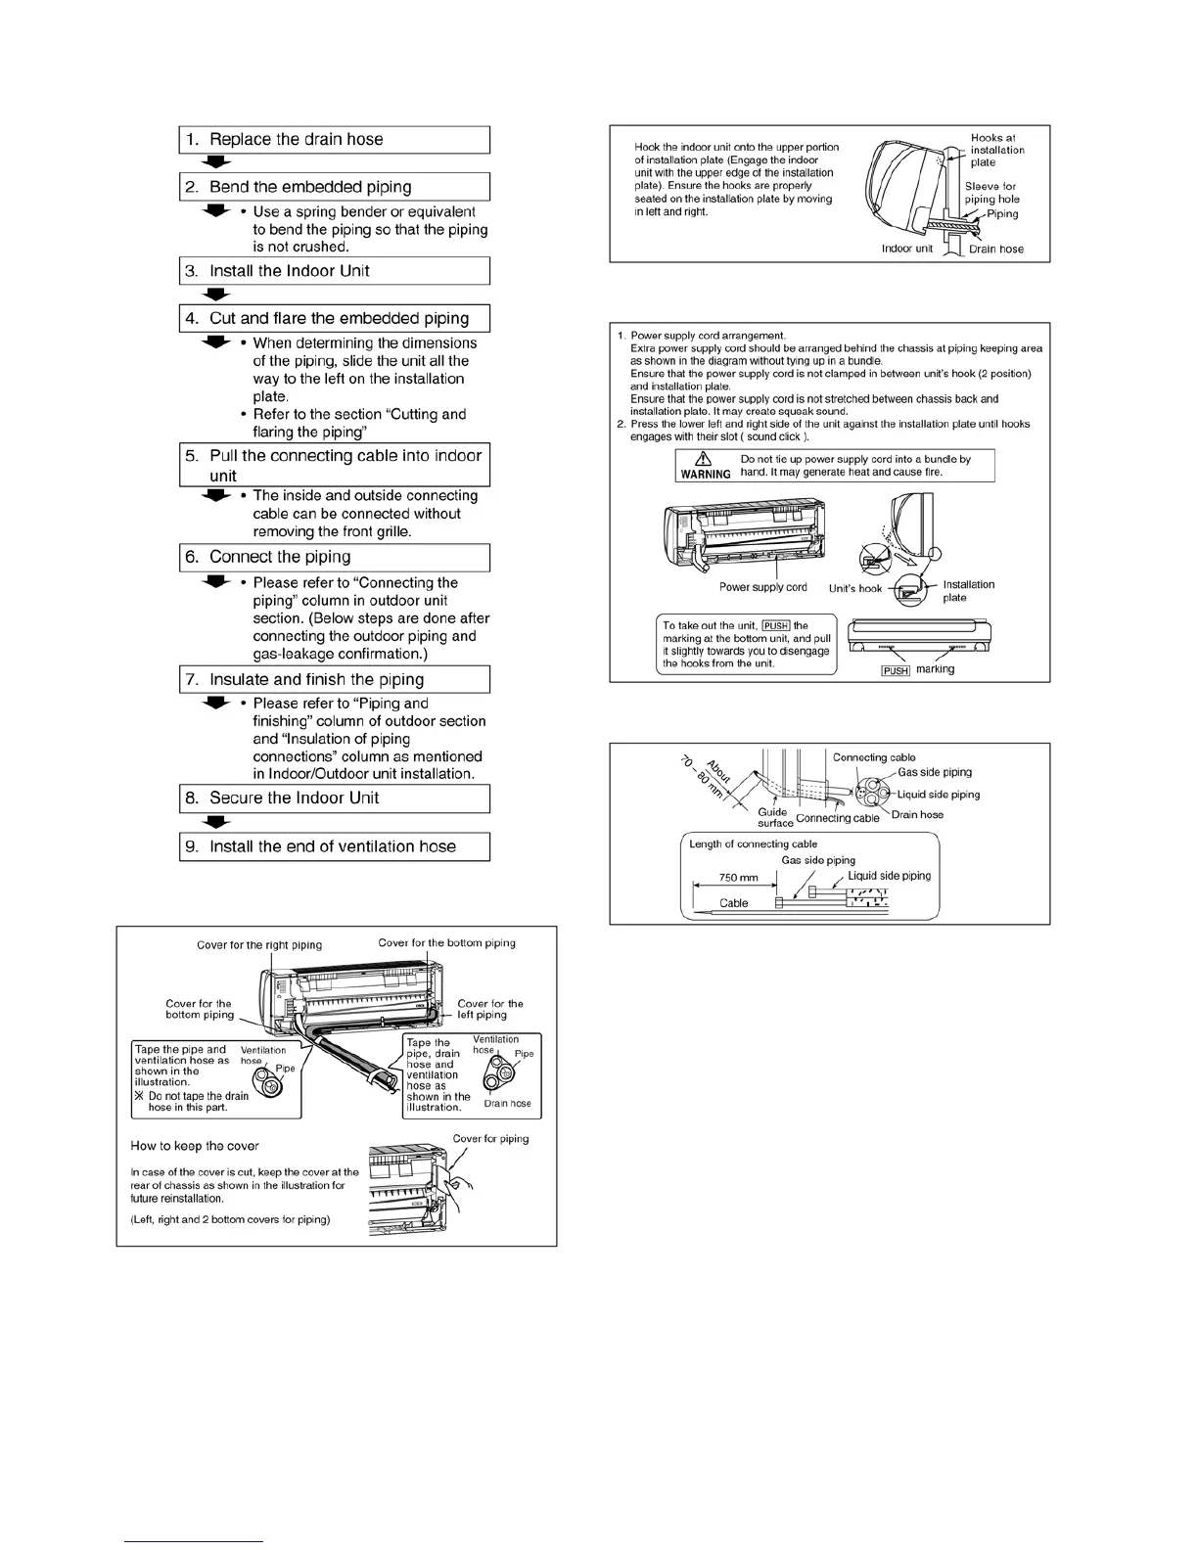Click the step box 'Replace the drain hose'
click(x=334, y=140)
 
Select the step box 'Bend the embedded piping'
click(x=334, y=187)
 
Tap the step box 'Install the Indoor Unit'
click(x=334, y=271)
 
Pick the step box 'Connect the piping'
click(x=334, y=558)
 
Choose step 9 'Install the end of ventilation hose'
click(x=334, y=846)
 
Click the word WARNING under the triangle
click(x=706, y=475)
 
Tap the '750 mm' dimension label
click(x=739, y=878)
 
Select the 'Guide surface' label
click(x=774, y=817)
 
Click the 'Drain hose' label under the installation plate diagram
click(x=995, y=250)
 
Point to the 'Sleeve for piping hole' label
click(x=991, y=193)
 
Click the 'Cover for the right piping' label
click(x=259, y=945)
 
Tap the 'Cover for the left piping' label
click(x=489, y=1009)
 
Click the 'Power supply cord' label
click(x=762, y=587)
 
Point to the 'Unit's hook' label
click(x=855, y=588)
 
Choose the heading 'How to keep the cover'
click(x=195, y=1146)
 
